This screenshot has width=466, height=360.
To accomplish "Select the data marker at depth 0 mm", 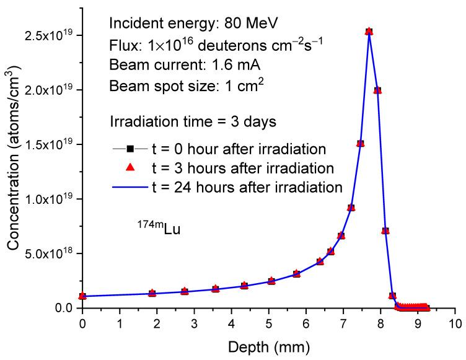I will [82, 296].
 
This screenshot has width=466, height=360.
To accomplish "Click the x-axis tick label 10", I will [455, 323].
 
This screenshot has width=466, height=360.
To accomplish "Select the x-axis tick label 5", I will [268, 323].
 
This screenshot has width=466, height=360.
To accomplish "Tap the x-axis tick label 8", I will [380, 323].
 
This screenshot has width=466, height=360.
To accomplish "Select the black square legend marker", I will [131, 148].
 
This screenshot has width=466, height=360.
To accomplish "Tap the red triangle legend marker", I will [131, 167].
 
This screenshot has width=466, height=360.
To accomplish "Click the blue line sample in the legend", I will [131, 186].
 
